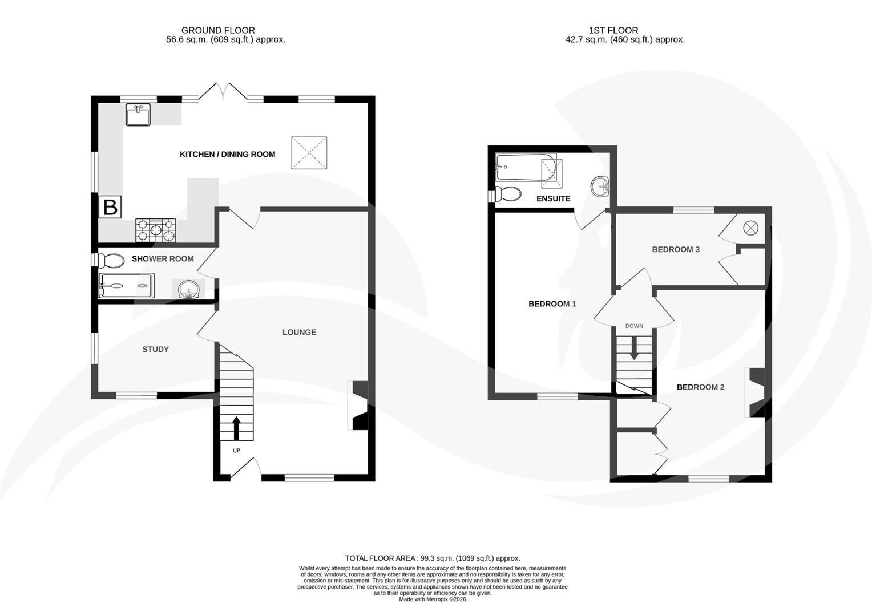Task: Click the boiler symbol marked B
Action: pyautogui.click(x=110, y=206)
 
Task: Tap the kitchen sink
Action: pyautogui.click(x=138, y=114)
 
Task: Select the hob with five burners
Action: pyautogui.click(x=155, y=230)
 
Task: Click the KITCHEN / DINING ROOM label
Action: pyautogui.click(x=227, y=154)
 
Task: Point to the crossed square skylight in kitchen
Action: pyautogui.click(x=309, y=153)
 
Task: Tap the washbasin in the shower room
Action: pyautogui.click(x=188, y=289)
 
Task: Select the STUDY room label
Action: pyautogui.click(x=155, y=349)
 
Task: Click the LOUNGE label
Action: pyautogui.click(x=299, y=332)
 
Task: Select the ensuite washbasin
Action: pyautogui.click(x=600, y=186)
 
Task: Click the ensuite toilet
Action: pyautogui.click(x=508, y=194)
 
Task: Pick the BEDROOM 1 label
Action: pyautogui.click(x=552, y=304)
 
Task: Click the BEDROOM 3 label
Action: pyautogui.click(x=676, y=249)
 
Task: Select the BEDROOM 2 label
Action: pyautogui.click(x=700, y=387)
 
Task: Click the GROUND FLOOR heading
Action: pyautogui.click(x=218, y=30)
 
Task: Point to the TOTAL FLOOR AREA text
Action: pyautogui.click(x=433, y=558)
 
